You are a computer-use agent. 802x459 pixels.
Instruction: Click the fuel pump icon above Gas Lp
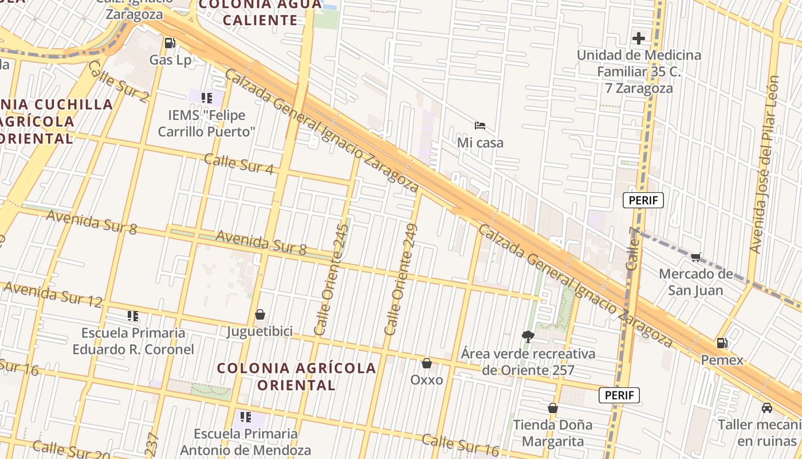click(170, 42)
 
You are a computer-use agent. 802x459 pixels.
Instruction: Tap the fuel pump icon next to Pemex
click(722, 343)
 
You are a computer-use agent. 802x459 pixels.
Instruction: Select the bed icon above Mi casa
click(480, 125)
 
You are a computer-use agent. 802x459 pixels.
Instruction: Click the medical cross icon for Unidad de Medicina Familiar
click(639, 38)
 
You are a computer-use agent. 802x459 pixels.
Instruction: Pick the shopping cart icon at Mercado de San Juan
click(696, 257)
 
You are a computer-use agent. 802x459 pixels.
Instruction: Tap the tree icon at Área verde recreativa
click(528, 336)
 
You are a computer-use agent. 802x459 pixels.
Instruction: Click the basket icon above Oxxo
click(427, 363)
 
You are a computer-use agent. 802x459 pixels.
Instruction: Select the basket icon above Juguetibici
click(260, 314)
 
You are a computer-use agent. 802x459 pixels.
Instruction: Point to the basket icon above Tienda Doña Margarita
click(553, 408)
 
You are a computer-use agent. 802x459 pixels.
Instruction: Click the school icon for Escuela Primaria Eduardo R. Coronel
click(133, 316)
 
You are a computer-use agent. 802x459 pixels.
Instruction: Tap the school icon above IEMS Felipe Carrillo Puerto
click(207, 98)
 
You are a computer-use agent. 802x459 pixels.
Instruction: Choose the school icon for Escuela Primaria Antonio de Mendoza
click(246, 417)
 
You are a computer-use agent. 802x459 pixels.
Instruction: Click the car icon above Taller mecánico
click(767, 407)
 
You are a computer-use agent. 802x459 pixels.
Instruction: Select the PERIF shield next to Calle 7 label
click(643, 200)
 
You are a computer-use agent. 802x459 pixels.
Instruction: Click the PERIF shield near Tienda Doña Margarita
click(619, 395)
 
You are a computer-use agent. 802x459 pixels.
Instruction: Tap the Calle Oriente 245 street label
click(332, 280)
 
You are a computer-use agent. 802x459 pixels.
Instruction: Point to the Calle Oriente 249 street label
click(402, 280)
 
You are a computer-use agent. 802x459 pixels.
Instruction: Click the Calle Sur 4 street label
click(239, 164)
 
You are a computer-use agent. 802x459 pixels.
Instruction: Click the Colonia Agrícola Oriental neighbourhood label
click(296, 376)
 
